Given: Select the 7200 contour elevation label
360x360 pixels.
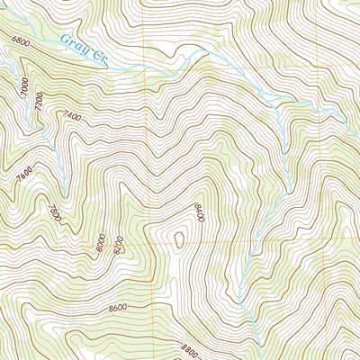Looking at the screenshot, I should [39, 103].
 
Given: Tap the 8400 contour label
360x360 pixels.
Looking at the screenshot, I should [198, 213].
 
